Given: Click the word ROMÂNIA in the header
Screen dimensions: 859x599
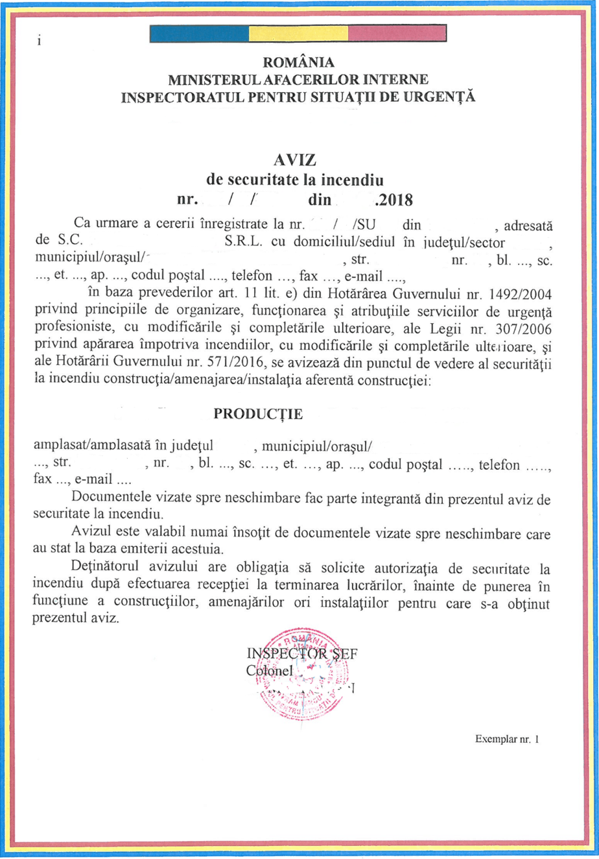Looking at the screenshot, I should pyautogui.click(x=299, y=63).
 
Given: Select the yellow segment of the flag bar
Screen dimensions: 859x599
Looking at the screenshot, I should pyautogui.click(x=299, y=33).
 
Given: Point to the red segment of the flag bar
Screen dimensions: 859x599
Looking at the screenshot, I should pyautogui.click(x=397, y=33).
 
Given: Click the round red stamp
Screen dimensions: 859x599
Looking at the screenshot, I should pyautogui.click(x=303, y=675).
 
